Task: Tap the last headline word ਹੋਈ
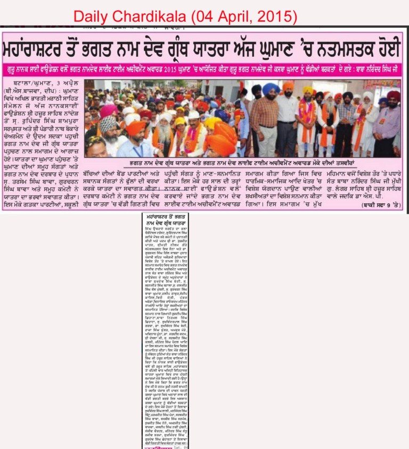(x=381, y=49)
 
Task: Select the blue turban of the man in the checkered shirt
(x=271, y=88)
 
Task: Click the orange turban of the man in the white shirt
(x=288, y=86)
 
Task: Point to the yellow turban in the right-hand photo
(x=308, y=90)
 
